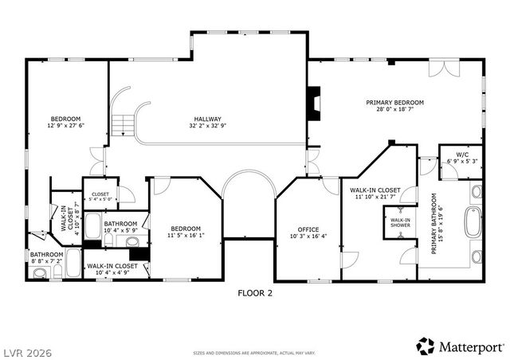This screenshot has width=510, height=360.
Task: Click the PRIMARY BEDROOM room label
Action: point(394,103)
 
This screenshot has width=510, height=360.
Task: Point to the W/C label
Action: point(461,154)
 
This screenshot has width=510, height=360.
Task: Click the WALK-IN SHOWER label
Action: point(400,222)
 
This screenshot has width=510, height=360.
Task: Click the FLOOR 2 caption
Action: point(255,293)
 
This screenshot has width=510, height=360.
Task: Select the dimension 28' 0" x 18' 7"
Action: point(394,111)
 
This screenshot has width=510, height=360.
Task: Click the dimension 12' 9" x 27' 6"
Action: point(65,125)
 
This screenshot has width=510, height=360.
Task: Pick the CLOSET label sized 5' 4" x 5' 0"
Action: point(100,194)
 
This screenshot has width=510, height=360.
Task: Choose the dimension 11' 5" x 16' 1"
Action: point(185,236)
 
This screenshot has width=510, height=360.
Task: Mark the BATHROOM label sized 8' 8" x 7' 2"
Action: point(47,255)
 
